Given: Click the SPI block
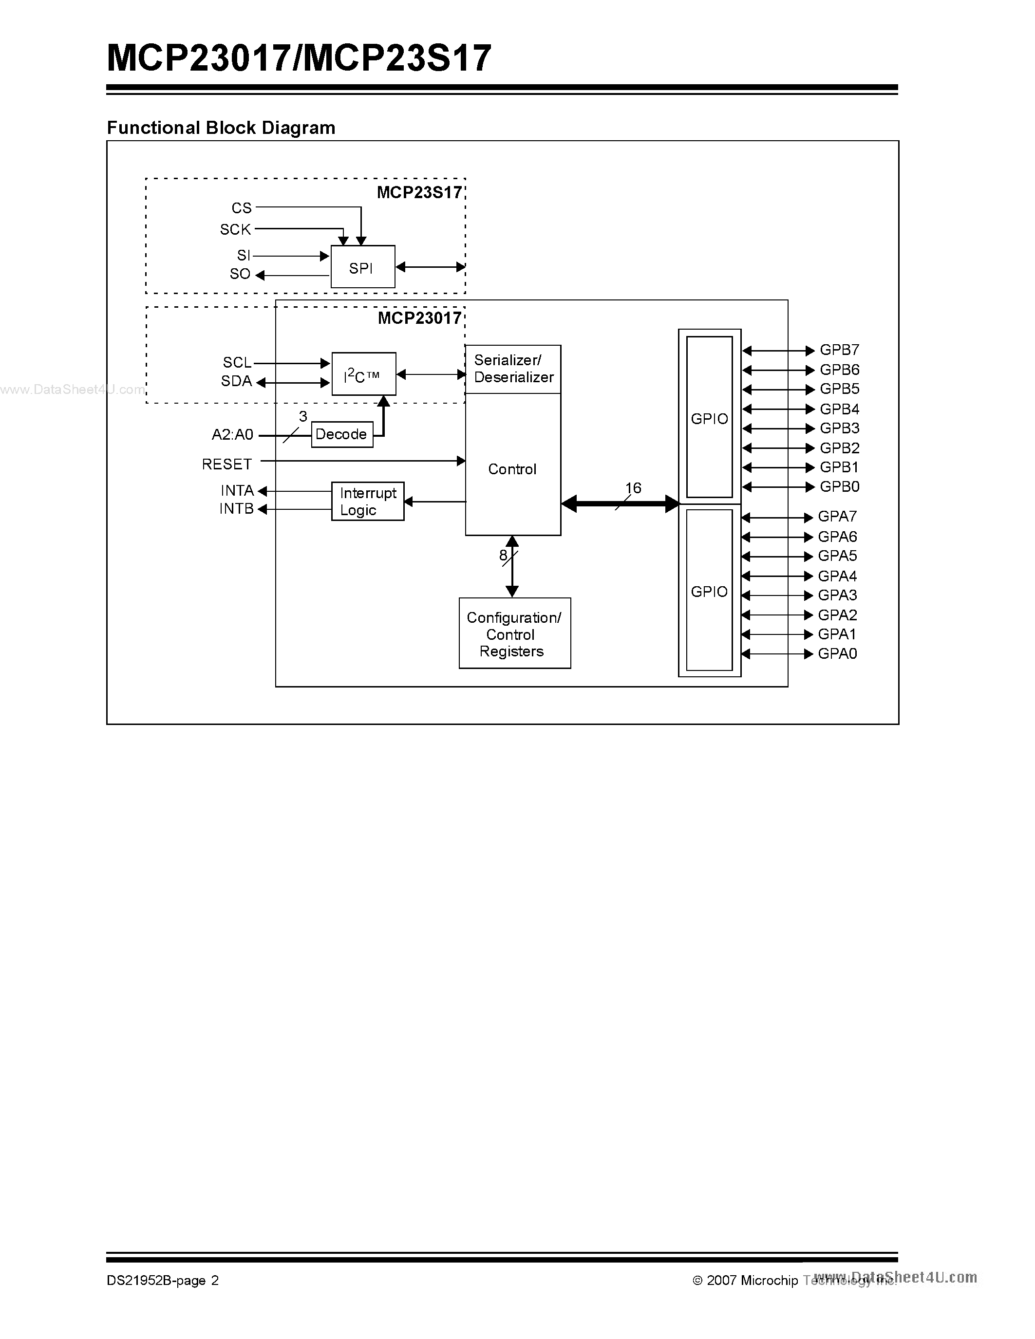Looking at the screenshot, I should (x=362, y=267).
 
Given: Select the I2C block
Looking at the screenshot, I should (x=364, y=374).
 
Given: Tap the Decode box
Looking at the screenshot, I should (x=341, y=434).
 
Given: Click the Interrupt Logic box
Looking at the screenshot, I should (x=367, y=502).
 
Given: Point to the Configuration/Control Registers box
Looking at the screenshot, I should (x=514, y=633).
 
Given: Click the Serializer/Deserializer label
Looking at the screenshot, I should (x=513, y=369).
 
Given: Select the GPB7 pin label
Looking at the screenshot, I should (x=839, y=350).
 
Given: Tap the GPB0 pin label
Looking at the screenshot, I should (x=839, y=487).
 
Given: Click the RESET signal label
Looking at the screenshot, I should (x=227, y=464).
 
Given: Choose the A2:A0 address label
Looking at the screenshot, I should (x=232, y=435).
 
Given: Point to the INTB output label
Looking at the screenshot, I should (x=237, y=509).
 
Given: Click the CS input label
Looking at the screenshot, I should (x=242, y=208).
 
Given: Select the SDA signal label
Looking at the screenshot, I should (x=237, y=381).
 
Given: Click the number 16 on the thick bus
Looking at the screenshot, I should (x=633, y=488).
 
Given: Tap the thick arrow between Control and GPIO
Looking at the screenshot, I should (x=619, y=504).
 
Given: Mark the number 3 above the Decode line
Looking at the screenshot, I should (x=303, y=417).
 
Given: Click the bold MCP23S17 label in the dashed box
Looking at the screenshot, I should (x=419, y=192).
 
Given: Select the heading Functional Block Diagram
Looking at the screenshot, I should (x=221, y=128).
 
